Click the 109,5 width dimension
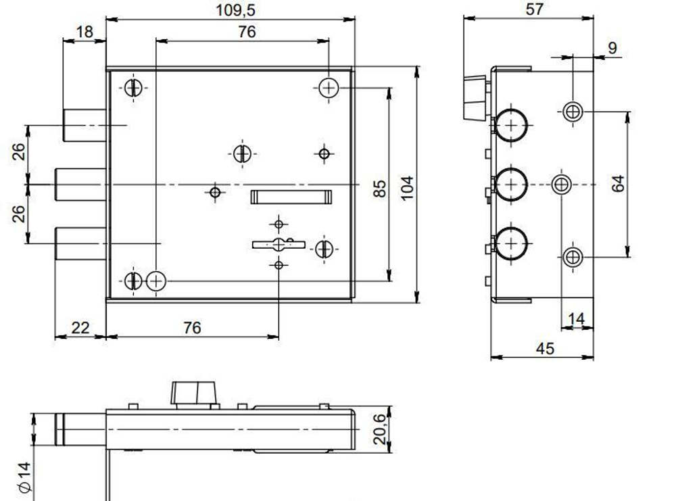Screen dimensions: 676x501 (x=235, y=9)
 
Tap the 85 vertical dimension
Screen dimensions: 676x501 (x=379, y=189)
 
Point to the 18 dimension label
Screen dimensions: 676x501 (x=84, y=32)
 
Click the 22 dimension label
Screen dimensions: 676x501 (x=80, y=328)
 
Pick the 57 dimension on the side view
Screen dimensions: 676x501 (x=534, y=9)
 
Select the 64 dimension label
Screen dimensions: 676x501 (x=618, y=183)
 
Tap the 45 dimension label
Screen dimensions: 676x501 (x=545, y=348)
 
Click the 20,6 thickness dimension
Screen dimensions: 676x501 (x=379, y=429)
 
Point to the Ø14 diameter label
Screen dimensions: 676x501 (x=24, y=477)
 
